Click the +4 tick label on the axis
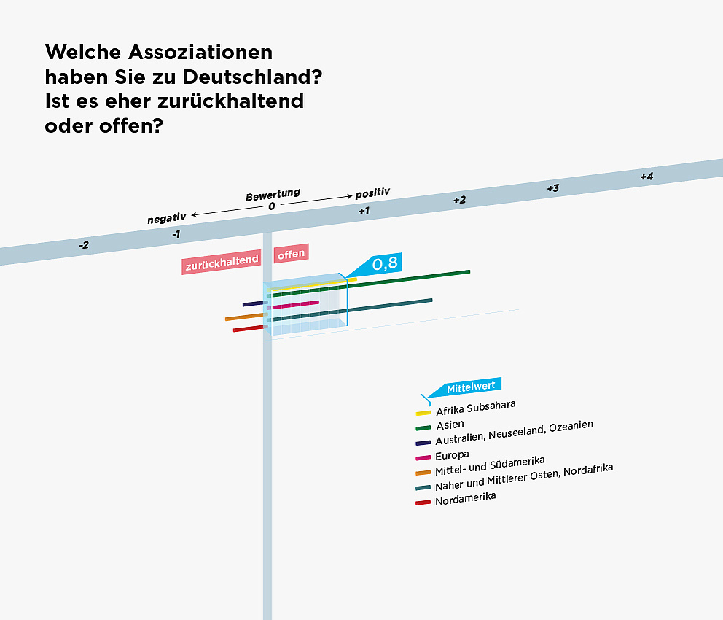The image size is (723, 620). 646,177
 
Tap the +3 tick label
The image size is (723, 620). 553,188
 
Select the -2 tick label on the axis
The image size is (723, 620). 84,245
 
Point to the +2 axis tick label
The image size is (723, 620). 459,200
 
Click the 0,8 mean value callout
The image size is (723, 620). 384,263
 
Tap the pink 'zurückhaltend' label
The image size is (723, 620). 221,265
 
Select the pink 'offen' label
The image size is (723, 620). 291,253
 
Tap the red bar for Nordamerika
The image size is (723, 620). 249,328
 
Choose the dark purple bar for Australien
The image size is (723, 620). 253,303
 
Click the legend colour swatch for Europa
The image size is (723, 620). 423,457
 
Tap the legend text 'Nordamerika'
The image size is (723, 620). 465,499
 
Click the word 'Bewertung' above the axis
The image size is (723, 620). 273,196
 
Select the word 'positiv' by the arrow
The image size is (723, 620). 372,193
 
